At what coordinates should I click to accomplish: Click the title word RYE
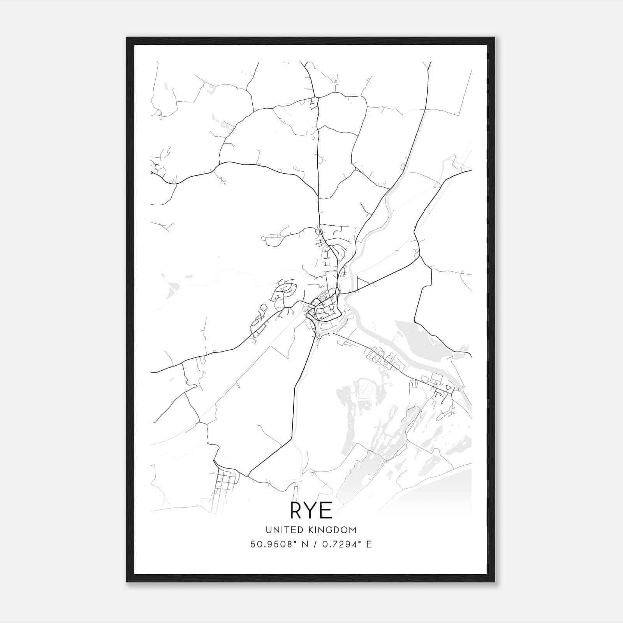click(x=311, y=510)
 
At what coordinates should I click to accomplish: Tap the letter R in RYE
click(x=297, y=510)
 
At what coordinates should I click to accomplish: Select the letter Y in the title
click(x=311, y=510)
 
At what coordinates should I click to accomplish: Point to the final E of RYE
click(x=326, y=510)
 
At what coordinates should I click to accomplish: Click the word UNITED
click(x=285, y=530)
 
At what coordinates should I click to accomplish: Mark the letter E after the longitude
click(x=369, y=544)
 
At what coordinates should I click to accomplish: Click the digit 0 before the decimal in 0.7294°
click(x=325, y=544)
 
